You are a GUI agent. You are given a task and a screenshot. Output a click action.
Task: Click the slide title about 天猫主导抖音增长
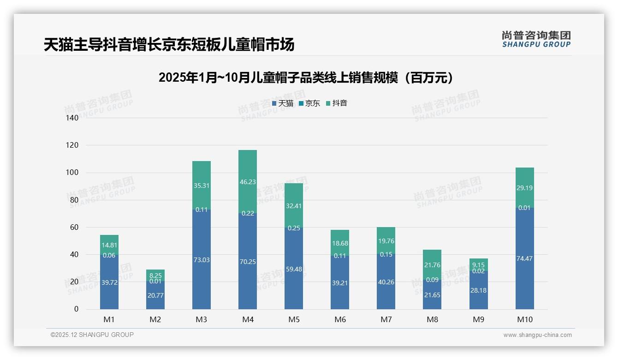pyautogui.click(x=169, y=45)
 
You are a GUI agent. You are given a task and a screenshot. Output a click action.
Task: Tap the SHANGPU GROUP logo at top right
pyautogui.click(x=536, y=39)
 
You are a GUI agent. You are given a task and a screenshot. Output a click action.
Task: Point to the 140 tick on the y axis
pyautogui.click(x=72, y=118)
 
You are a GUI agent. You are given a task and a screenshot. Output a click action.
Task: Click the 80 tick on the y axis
pyautogui.click(x=74, y=200)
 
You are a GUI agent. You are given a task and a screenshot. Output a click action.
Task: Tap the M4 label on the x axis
pyautogui.click(x=248, y=319)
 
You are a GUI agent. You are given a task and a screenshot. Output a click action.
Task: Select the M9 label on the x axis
pyautogui.click(x=478, y=319)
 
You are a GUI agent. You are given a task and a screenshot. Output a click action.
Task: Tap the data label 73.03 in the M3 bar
pyautogui.click(x=202, y=260)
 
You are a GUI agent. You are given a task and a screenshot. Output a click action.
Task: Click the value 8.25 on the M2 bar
pyautogui.click(x=155, y=275)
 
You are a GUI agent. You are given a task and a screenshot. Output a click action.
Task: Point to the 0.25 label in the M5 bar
pyautogui.click(x=294, y=228)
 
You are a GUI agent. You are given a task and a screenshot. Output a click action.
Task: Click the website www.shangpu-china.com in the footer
pyautogui.click(x=537, y=335)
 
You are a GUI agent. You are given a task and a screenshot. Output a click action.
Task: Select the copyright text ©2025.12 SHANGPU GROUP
pyautogui.click(x=92, y=335)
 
